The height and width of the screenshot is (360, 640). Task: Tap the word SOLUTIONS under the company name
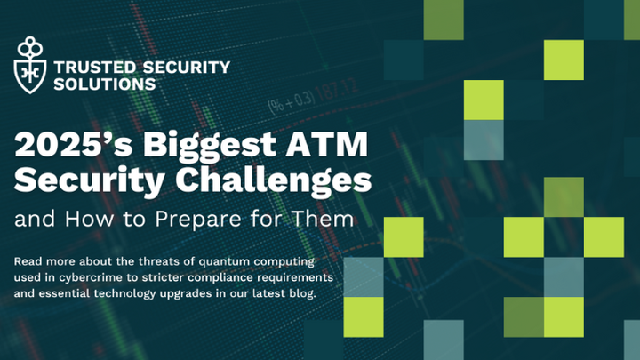tap(105, 84)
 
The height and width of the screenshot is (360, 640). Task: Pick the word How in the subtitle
tap(75, 216)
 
